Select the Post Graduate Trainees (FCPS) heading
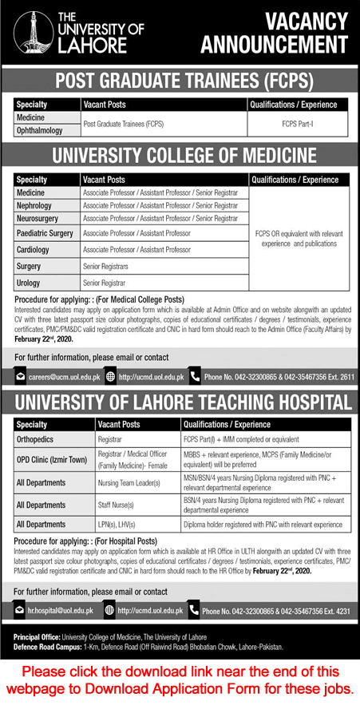180,81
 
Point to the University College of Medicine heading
180,156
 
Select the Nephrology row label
37,205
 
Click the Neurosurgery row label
41,218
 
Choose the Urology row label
31,283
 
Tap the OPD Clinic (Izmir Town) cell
53,458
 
